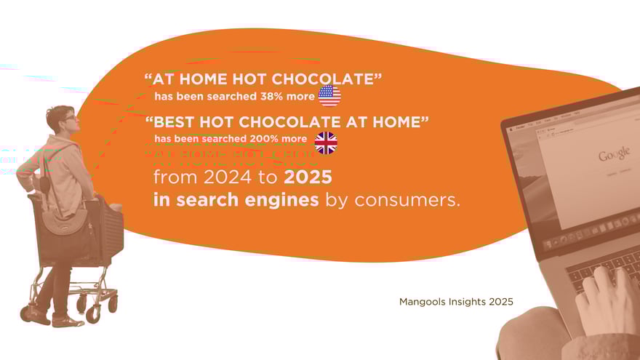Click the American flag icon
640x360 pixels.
329,96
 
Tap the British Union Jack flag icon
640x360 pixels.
326,143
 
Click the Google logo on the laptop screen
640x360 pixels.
614,155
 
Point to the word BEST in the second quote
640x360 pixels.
180,122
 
